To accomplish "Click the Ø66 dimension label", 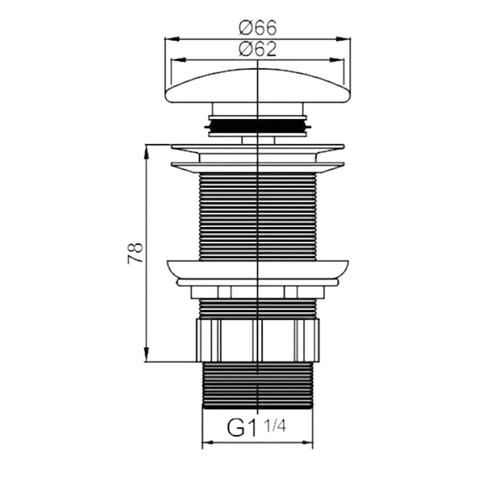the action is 257,28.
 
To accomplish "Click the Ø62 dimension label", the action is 257,49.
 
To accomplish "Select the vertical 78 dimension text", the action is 135,253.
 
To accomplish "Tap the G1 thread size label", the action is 242,427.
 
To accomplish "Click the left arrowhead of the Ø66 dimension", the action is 172,39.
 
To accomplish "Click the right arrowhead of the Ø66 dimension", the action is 343,39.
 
